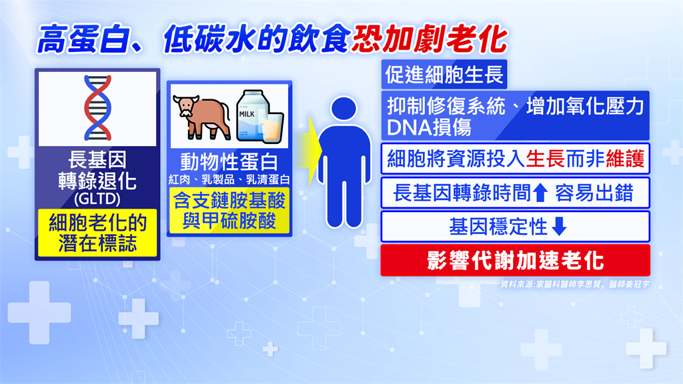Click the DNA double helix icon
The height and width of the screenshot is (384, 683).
97,108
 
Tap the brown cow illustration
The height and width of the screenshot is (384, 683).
201,117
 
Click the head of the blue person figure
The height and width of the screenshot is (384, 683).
344,109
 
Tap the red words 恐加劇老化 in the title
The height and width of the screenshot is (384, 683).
430,39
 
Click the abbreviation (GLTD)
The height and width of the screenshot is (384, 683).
97,199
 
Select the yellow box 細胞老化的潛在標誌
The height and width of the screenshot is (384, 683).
97,233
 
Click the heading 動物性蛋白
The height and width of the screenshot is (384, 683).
229,162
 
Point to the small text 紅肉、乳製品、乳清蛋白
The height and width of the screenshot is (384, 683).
229,179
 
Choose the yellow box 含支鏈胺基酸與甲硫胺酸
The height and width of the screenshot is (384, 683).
229,211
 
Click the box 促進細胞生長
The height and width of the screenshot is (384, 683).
444,75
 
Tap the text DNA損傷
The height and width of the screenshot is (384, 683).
430,128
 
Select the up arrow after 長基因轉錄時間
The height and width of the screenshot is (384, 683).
540,193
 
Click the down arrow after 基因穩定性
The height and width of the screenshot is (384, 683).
560,227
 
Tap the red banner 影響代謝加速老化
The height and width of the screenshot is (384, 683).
516,261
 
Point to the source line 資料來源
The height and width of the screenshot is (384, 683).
574,284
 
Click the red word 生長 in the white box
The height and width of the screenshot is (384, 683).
546,159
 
